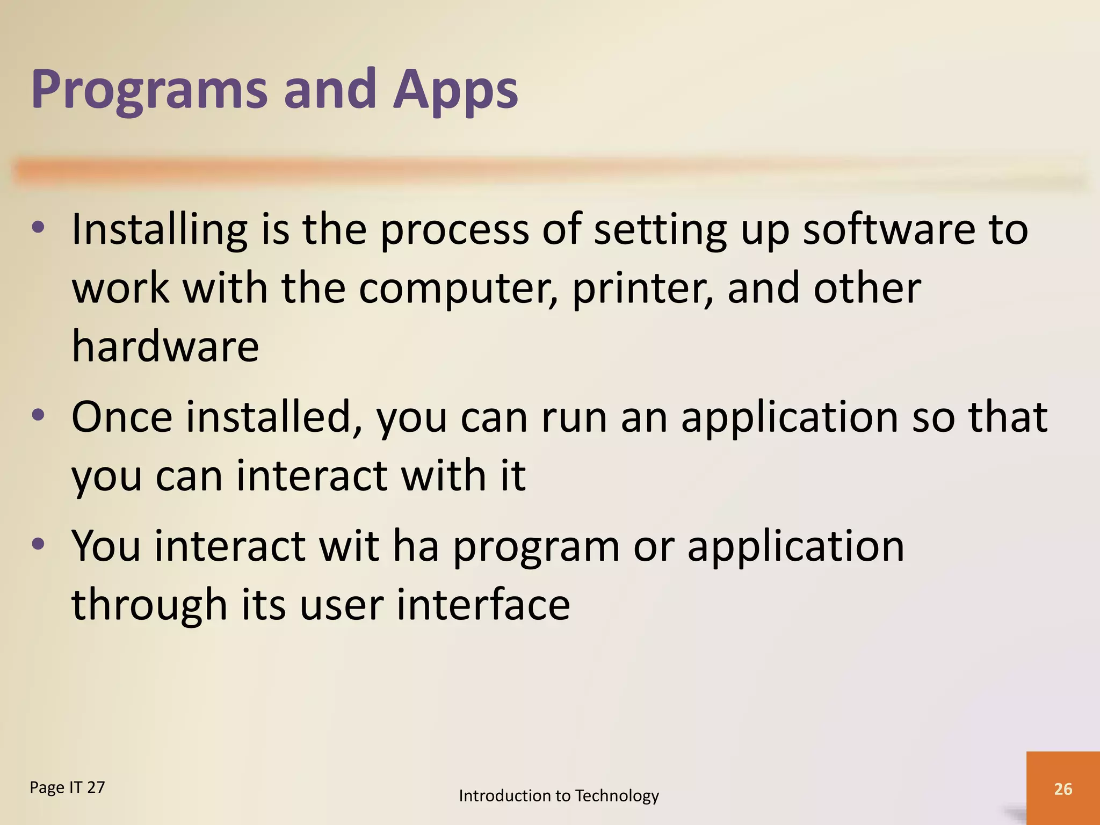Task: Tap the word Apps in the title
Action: click(x=455, y=90)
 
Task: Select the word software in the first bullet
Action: click(x=888, y=230)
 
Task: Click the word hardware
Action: click(x=165, y=347)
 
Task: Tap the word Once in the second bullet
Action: click(x=122, y=417)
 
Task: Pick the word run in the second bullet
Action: click(x=574, y=417)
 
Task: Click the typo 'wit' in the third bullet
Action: click(x=349, y=546)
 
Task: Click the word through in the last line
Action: click(x=150, y=606)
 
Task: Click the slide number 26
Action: click(x=1063, y=789)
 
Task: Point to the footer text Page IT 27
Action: click(x=67, y=788)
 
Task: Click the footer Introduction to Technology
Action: click(x=559, y=795)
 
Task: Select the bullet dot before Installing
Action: click(x=38, y=228)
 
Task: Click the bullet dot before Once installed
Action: click(x=38, y=416)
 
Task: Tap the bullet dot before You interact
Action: click(x=38, y=545)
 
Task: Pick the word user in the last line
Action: click(x=341, y=606)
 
